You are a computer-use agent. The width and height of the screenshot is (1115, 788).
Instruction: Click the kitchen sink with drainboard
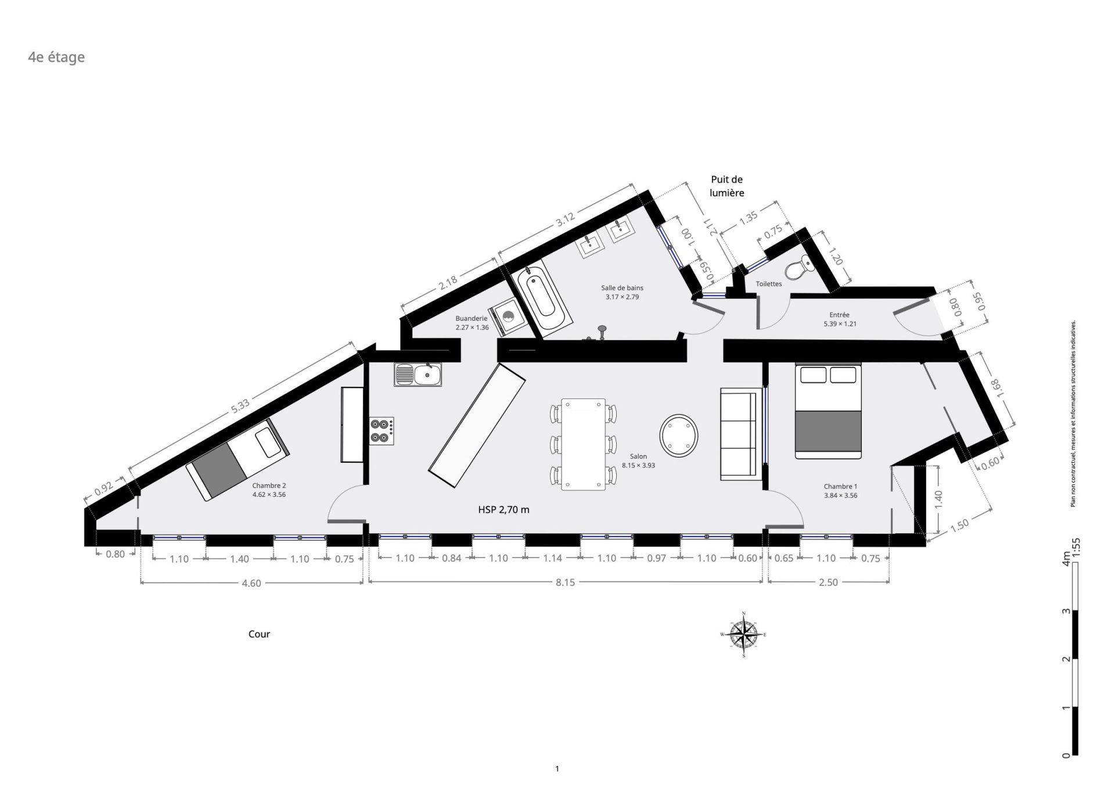pos(418,375)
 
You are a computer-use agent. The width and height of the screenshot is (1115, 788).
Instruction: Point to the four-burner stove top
pos(382,431)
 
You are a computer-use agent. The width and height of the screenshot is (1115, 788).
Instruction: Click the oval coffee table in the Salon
pos(679,435)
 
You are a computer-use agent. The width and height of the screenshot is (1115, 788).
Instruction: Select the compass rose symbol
pos(743,634)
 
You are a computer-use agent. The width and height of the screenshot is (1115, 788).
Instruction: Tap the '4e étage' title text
pos(56,57)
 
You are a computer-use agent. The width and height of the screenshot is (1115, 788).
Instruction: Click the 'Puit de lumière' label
pos(727,186)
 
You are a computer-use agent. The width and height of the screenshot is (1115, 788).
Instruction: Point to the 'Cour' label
pos(259,634)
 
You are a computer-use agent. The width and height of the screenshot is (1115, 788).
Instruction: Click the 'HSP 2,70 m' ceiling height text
pos(504,510)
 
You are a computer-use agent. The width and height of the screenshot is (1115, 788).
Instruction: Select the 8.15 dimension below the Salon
pos(565,582)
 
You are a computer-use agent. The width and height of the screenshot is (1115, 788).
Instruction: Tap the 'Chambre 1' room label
pos(840,487)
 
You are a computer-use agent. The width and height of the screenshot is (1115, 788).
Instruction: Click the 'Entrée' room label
pos(840,315)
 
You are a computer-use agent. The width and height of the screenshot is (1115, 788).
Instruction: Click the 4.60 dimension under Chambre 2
pos(251,583)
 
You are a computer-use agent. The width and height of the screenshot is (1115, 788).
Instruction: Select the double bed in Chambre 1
pos(828,411)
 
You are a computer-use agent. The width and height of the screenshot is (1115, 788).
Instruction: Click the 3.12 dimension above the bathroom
pos(565,220)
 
